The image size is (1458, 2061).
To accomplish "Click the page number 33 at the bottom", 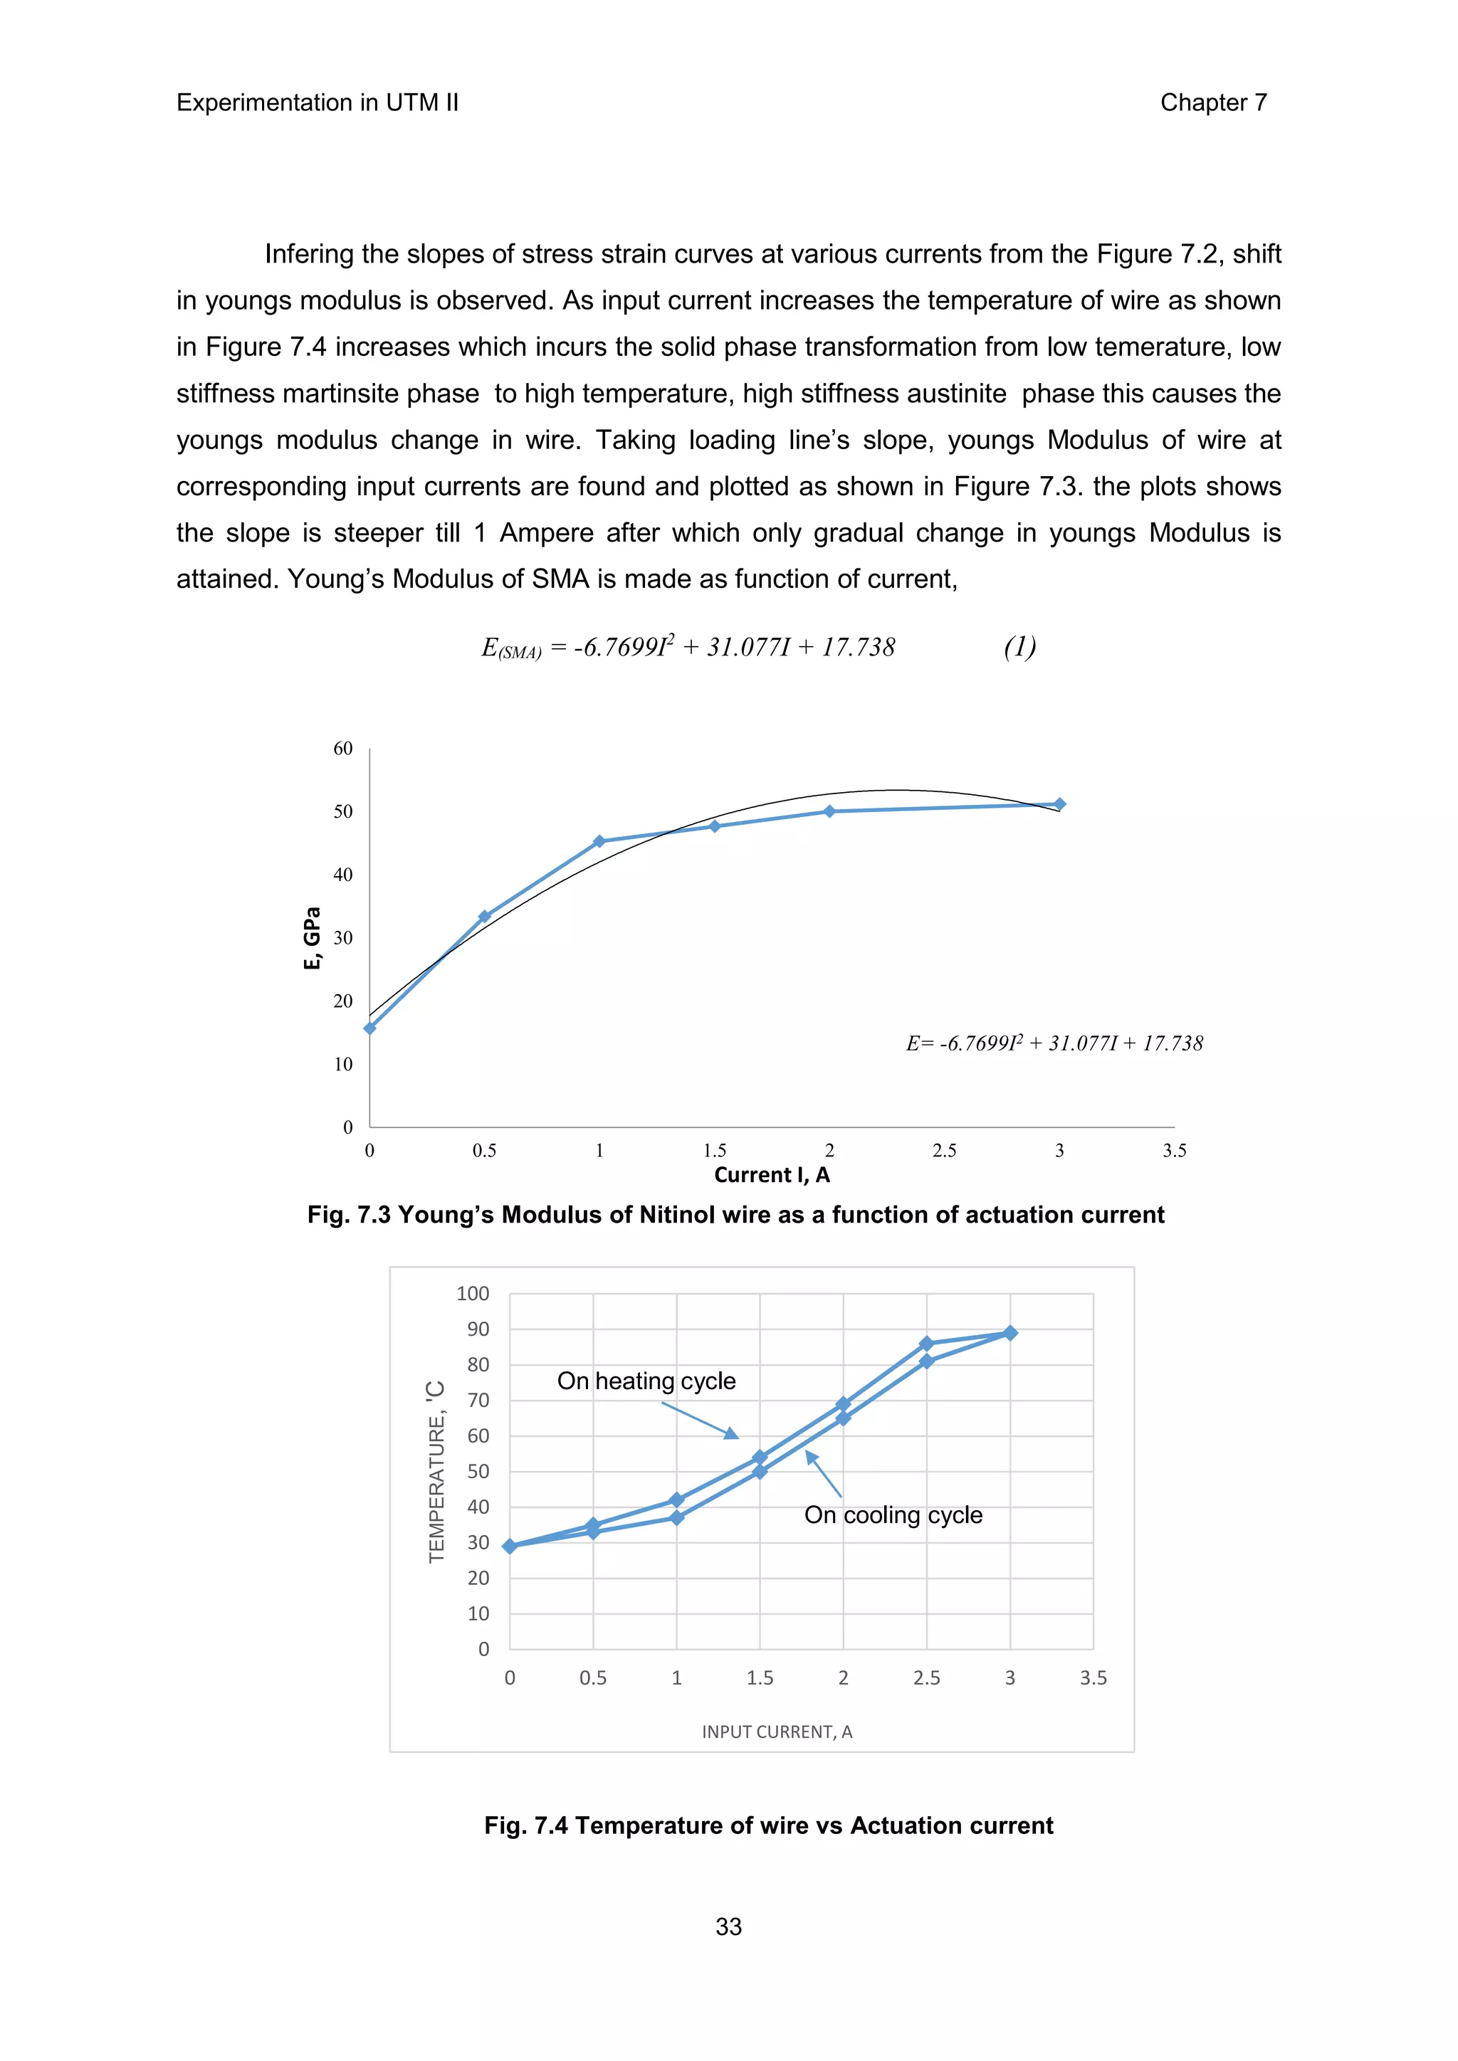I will [x=728, y=1926].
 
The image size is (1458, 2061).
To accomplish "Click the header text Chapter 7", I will [x=1213, y=102].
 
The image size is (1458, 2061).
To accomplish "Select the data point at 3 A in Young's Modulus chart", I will [x=1059, y=804].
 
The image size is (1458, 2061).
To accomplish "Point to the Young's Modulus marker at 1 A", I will [x=599, y=841].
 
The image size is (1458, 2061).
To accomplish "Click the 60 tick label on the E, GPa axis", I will [x=343, y=749].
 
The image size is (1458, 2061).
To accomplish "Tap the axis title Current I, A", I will [x=772, y=1175].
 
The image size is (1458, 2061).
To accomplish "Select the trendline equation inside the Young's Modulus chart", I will [x=1054, y=1043].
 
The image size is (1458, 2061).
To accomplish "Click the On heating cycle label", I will [x=646, y=1381].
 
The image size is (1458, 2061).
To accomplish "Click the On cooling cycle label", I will [x=893, y=1515].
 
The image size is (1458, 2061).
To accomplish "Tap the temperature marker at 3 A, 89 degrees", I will [x=1010, y=1333].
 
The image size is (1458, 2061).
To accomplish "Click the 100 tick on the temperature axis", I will [x=473, y=1294].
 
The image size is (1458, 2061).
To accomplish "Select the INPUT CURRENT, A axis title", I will [x=777, y=1731].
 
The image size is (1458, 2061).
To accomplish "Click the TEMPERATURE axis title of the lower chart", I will [x=437, y=1472].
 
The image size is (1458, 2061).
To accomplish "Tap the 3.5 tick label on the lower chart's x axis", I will [x=1093, y=1677].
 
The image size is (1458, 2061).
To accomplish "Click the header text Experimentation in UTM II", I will [x=317, y=102].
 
